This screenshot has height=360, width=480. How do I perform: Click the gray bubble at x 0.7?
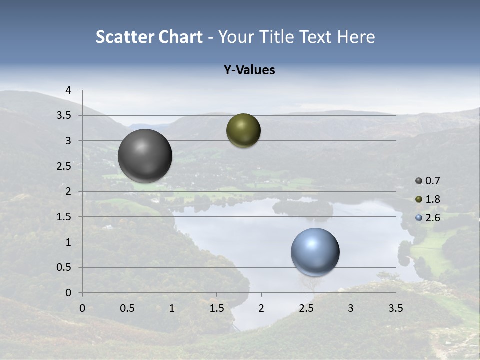coord(145,156)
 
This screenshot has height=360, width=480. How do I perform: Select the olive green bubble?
coord(243,131)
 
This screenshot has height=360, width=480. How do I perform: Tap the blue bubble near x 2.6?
coord(315,252)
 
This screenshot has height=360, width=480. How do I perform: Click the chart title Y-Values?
coord(249,70)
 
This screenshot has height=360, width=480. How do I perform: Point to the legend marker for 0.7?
coord(419,181)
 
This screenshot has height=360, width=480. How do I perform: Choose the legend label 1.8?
coord(433,199)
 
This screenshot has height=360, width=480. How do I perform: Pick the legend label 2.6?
coord(433,217)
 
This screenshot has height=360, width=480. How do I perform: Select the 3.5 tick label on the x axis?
coord(395,308)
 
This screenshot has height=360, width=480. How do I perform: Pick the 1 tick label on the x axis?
coord(172,308)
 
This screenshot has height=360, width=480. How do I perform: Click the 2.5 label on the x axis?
coord(306,308)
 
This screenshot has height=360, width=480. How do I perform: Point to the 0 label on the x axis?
coord(82,308)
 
